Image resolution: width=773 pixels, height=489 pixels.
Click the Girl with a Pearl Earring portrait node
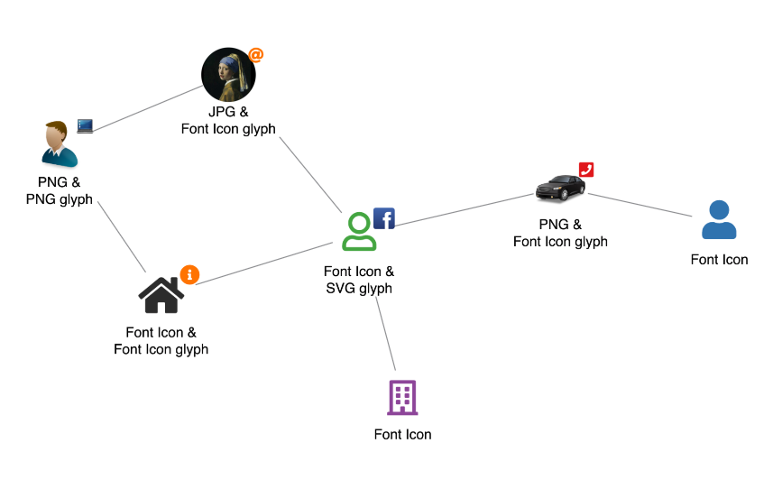(227, 75)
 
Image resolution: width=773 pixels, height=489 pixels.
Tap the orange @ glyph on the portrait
(256, 55)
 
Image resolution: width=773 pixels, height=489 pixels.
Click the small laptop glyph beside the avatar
(85, 126)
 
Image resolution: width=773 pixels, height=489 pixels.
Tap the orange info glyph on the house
(189, 274)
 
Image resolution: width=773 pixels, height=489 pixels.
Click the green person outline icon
(359, 232)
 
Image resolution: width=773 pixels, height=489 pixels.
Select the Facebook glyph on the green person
(384, 218)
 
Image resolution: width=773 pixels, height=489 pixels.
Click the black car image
(560, 189)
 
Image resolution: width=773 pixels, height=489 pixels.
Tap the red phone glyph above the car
(586, 170)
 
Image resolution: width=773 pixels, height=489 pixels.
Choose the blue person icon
(719, 219)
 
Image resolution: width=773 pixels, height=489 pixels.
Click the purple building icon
(402, 397)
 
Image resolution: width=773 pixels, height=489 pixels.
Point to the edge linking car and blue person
(642, 205)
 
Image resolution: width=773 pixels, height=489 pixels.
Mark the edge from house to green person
(265, 263)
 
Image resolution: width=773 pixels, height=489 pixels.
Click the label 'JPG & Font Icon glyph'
(228, 122)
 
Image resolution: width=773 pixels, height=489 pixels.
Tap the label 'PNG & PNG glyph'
(60, 191)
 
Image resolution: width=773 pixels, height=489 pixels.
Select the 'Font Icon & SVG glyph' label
(359, 280)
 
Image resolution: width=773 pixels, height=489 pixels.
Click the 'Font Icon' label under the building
(402, 435)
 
